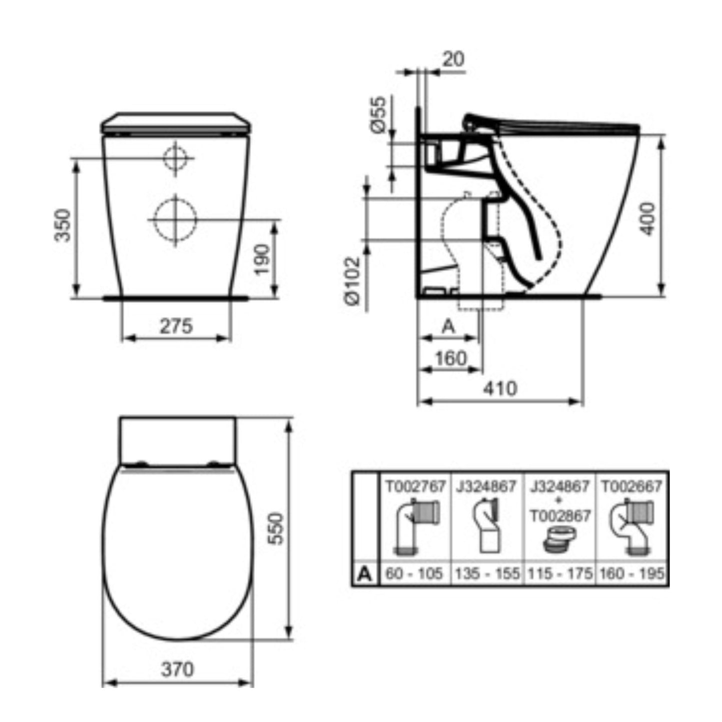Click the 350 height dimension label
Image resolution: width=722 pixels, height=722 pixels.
[x=62, y=225]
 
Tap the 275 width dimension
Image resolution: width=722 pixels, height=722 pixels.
[x=176, y=326]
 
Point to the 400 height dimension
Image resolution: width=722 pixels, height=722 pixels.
[x=648, y=219]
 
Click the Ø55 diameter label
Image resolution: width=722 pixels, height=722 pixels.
[x=378, y=114]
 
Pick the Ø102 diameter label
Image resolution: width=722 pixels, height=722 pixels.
[x=353, y=281]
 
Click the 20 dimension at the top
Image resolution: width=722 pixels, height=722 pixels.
[x=453, y=59]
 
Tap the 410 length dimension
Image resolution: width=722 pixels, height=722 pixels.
[x=500, y=389]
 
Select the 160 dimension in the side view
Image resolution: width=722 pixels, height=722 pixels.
[x=451, y=358]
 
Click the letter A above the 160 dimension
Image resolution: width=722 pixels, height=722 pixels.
[x=449, y=327]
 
